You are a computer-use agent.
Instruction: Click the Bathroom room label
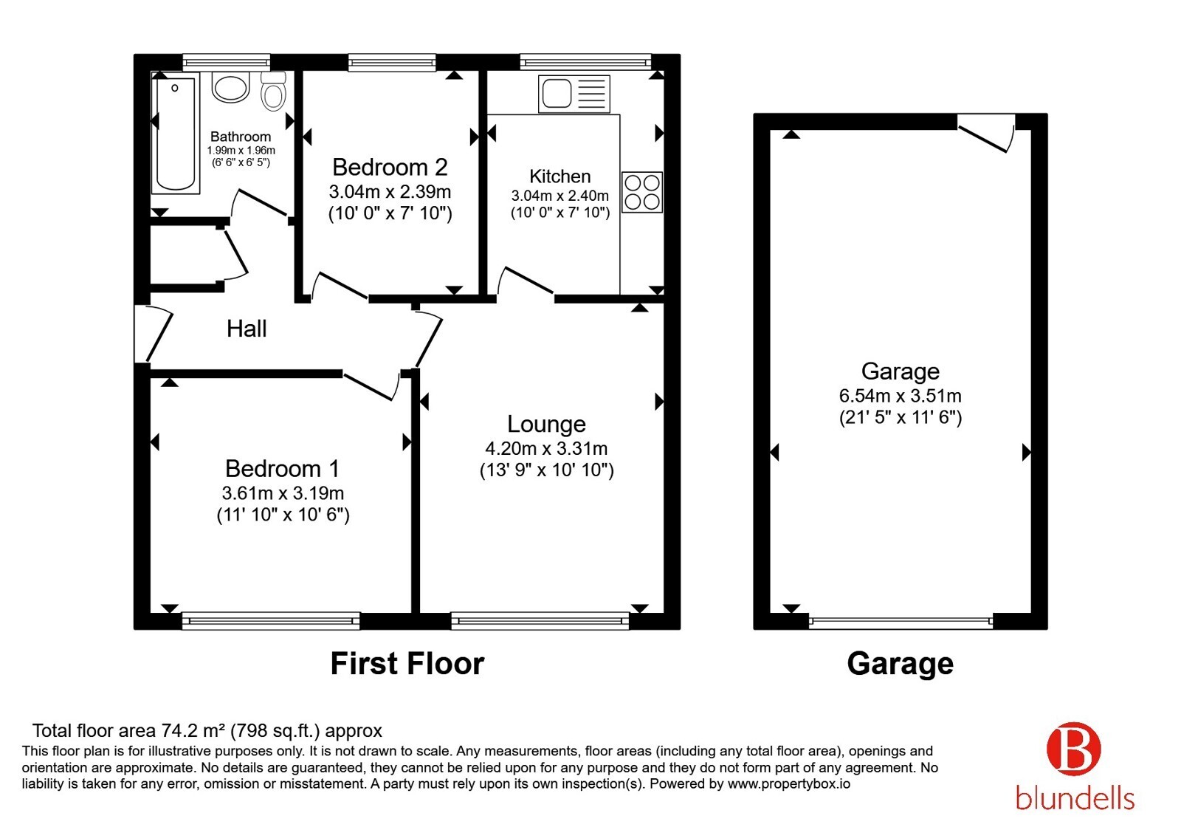click(x=241, y=137)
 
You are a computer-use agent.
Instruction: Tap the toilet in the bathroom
click(x=273, y=92)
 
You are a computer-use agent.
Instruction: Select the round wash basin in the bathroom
click(x=230, y=87)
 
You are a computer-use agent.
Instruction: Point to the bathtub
click(x=176, y=134)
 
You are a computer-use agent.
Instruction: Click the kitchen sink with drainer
click(x=574, y=94)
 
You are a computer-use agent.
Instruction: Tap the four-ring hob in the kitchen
click(x=641, y=192)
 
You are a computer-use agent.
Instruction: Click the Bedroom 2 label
click(x=390, y=167)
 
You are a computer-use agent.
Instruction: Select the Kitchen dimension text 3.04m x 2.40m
click(x=560, y=196)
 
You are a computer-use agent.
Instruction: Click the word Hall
click(x=247, y=329)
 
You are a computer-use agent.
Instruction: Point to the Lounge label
click(x=546, y=424)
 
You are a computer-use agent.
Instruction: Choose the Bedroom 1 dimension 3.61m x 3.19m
click(x=283, y=493)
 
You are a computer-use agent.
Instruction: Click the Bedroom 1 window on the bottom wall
click(x=270, y=621)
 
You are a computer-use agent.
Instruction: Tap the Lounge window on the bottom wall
click(x=540, y=621)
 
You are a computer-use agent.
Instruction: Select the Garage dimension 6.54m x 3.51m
click(x=900, y=396)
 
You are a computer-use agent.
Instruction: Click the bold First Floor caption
click(x=407, y=664)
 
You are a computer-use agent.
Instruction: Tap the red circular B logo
click(x=1073, y=749)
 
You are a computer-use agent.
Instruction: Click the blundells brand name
click(x=1075, y=798)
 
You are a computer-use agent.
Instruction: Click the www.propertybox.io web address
click(x=789, y=783)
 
